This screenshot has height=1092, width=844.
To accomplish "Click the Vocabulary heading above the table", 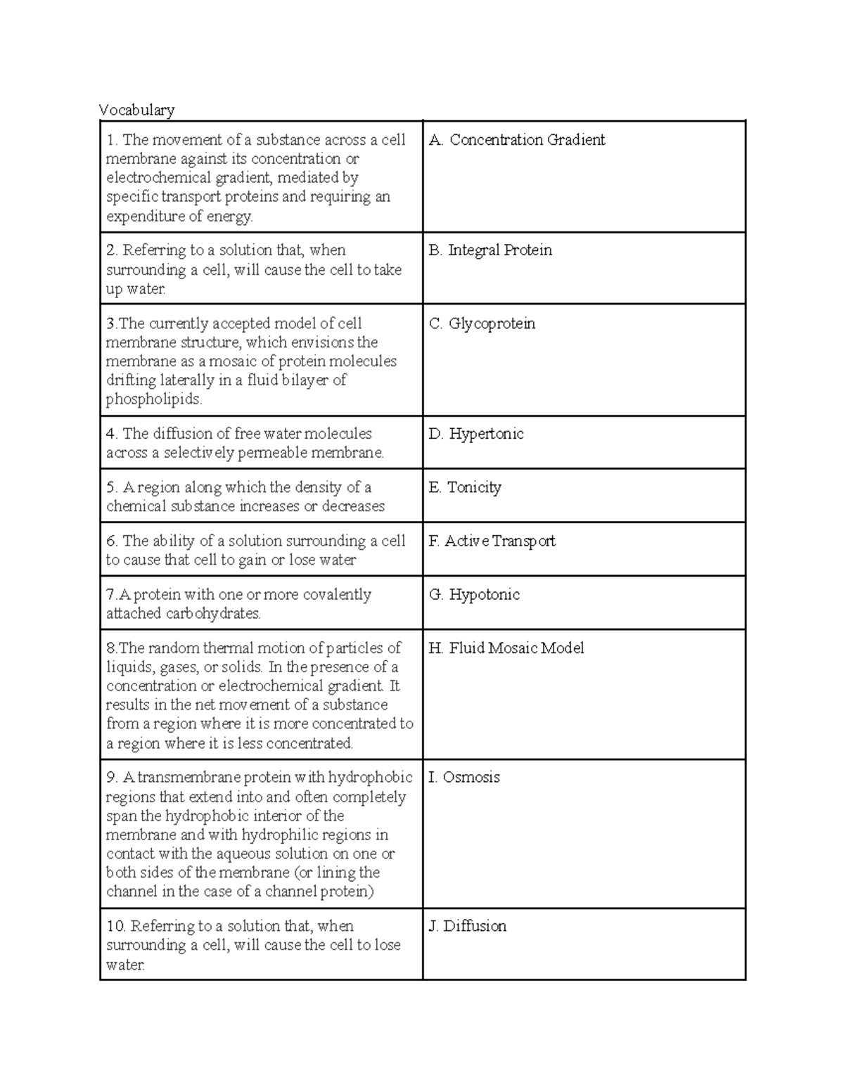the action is [x=136, y=110].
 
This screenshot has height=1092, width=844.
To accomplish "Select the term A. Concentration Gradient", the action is [x=517, y=140].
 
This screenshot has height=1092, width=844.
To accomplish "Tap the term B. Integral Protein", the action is [x=490, y=250].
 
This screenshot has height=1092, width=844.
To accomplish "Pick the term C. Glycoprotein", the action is [x=482, y=323].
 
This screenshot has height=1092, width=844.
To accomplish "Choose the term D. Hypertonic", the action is [x=476, y=434].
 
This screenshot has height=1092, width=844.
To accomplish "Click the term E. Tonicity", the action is [x=465, y=487].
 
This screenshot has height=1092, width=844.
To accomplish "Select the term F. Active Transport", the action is [x=492, y=541].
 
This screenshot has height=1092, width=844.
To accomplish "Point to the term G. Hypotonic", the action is [x=475, y=595].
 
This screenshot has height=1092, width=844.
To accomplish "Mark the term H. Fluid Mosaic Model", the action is [x=506, y=648].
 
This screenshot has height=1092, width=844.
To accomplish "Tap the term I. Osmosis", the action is [x=464, y=778].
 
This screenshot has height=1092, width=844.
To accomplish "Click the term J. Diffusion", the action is [x=468, y=926].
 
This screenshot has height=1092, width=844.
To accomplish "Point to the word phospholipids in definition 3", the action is [x=153, y=399].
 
